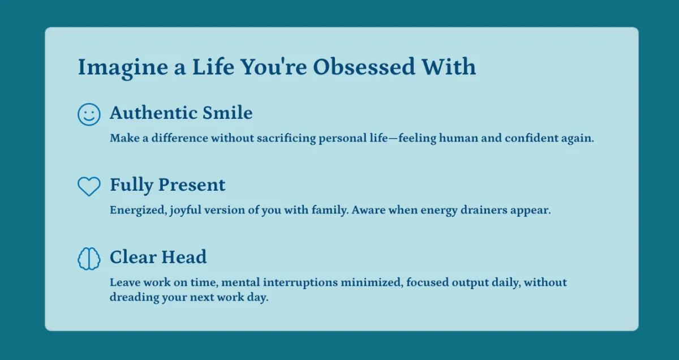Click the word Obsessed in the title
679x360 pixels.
pyautogui.click(x=364, y=67)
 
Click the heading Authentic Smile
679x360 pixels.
pyautogui.click(x=181, y=113)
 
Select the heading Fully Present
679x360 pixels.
pyautogui.click(x=167, y=185)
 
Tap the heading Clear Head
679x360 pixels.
pyautogui.click(x=158, y=257)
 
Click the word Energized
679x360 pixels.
pyautogui.click(x=138, y=210)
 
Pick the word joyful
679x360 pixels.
pyautogui.click(x=186, y=210)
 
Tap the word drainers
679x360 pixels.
pyautogui.click(x=484, y=210)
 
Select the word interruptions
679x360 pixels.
pyautogui.click(x=300, y=282)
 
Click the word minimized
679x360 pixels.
pyautogui.click(x=372, y=282)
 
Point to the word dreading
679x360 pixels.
pyautogui.click(x=134, y=298)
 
